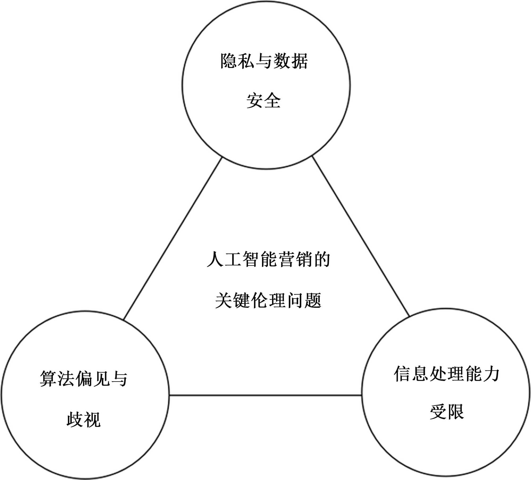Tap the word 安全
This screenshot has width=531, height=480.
(263, 101)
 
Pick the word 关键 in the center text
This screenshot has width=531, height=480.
(233, 301)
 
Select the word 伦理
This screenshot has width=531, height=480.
(268, 301)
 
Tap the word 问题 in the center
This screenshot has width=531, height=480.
(304, 301)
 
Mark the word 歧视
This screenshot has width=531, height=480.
(84, 420)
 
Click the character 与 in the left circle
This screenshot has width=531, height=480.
(119, 379)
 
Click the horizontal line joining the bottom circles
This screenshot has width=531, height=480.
(265, 395)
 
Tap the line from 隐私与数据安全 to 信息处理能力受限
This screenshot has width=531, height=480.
(361, 236)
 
